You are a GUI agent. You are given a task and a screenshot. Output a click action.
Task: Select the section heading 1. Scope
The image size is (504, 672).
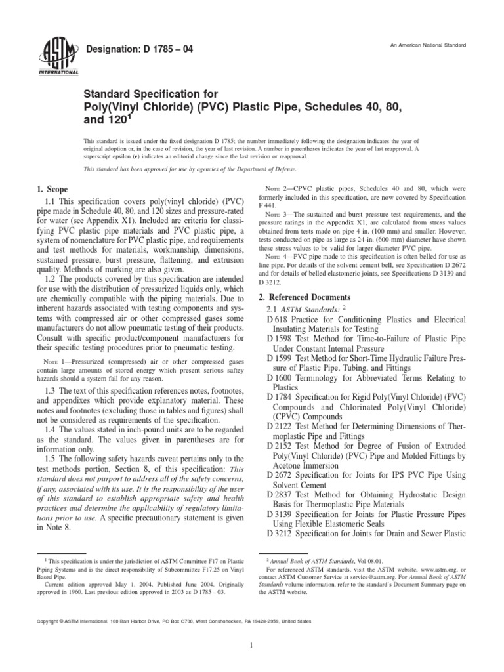click(57, 189)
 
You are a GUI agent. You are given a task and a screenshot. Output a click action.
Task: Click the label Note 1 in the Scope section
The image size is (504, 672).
click(57, 360)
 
